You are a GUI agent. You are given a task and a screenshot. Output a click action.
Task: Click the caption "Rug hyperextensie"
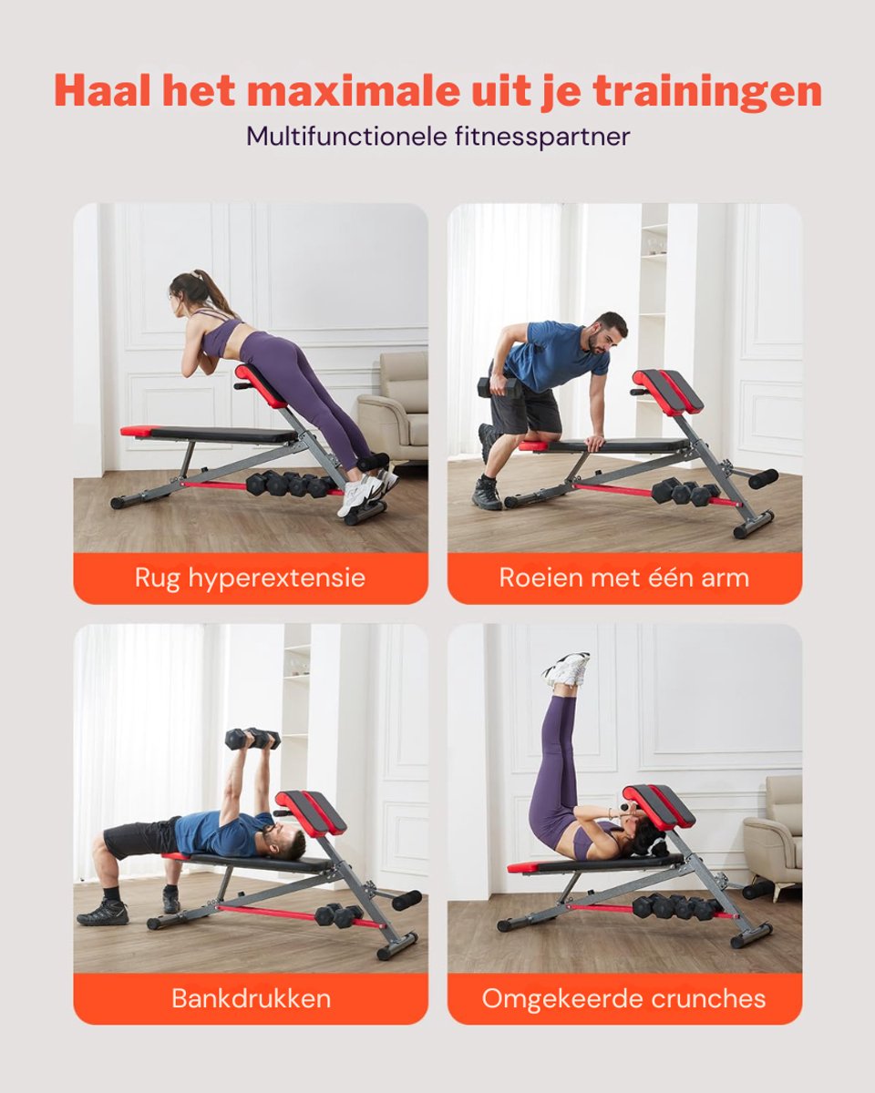pos(250,578)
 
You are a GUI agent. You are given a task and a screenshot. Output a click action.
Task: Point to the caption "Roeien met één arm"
pos(623,577)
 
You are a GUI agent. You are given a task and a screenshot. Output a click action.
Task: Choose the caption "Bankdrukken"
pos(252,998)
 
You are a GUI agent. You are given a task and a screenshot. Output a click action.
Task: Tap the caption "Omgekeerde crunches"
pos(623,998)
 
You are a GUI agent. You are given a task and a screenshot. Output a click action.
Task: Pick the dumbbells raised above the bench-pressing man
pos(252,739)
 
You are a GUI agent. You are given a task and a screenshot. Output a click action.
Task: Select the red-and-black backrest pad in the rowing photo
pos(667,390)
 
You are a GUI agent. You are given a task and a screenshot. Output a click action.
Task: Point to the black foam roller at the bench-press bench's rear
pos(407,900)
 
